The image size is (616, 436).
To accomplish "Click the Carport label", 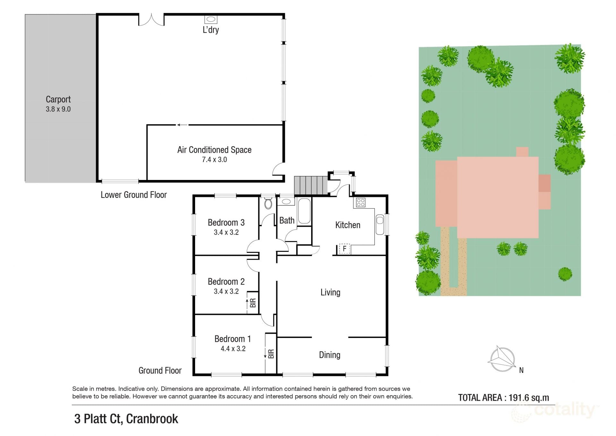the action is pos(58,99).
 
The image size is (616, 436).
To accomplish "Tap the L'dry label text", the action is pos(211,30).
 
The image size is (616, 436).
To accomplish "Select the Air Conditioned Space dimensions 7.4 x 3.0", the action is pos(214,160).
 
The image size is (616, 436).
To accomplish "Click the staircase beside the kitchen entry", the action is pos(311,185).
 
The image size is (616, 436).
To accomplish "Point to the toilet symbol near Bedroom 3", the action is pos(268,203).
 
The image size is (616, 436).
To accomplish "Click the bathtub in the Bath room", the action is pos(304,211).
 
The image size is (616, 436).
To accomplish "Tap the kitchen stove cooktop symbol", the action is pos(361,202).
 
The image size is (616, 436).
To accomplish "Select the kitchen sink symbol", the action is pos(380,224).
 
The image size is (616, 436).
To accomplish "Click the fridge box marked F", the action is pos(345,249).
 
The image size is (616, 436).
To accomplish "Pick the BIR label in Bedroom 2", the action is pos(253,303).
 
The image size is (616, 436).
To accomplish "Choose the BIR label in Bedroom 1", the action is pos(271,354).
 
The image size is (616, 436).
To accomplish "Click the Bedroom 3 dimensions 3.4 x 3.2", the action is pos(226,232).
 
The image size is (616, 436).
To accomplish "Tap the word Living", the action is pos(330,292).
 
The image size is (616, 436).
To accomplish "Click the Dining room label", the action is pos(329,355).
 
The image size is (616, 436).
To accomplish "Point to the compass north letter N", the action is pos(521,370).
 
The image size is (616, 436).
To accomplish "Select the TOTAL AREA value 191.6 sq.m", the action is pos(529,398).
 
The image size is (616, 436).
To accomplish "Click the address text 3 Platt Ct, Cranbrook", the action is pos(126,419).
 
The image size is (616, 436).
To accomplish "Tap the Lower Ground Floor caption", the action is pos(134,195).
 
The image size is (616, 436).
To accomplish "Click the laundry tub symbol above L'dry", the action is pos(211,19).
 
